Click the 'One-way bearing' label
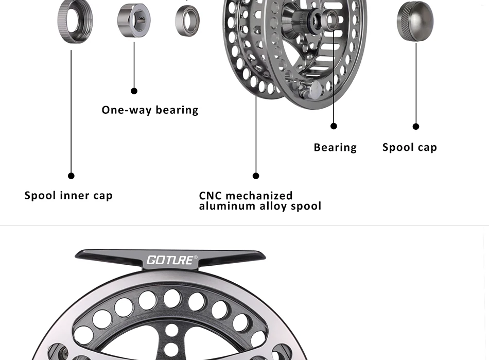[x=150, y=110]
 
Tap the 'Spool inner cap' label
[x=68, y=196]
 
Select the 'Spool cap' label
[x=410, y=147]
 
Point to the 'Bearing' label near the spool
[x=335, y=147]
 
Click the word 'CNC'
[x=210, y=196]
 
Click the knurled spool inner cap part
[x=75, y=22]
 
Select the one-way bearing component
[x=134, y=21]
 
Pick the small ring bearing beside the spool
[x=187, y=21]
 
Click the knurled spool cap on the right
[x=415, y=21]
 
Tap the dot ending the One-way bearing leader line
[x=134, y=91]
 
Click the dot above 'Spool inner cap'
[x=71, y=176]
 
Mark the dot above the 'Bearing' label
[x=334, y=126]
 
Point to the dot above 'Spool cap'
[x=416, y=127]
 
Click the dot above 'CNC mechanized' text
[x=256, y=176]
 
